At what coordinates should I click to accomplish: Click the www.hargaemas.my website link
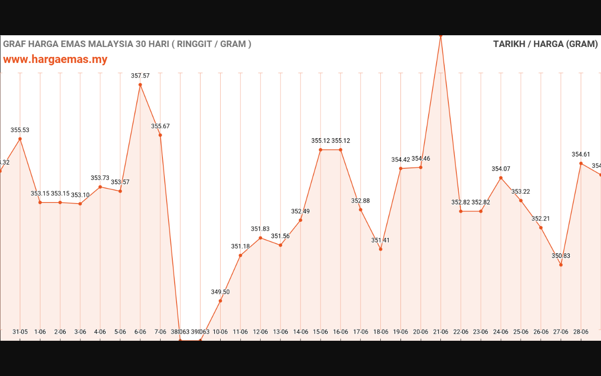tap(55, 60)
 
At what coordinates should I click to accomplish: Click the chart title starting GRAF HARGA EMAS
tap(127, 44)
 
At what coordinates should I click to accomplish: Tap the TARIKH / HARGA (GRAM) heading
tap(545, 44)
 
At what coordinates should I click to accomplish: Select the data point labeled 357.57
tap(140, 85)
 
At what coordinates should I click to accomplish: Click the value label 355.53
tap(20, 130)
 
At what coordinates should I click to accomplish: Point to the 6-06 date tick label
tap(140, 332)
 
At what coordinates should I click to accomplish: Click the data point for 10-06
tap(220, 301)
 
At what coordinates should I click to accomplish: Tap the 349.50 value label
tap(220, 292)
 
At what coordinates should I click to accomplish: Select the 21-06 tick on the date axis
tap(440, 332)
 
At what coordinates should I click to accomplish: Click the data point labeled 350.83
tap(561, 265)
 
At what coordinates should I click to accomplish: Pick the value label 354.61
tap(581, 155)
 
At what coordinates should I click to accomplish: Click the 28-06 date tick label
tap(581, 332)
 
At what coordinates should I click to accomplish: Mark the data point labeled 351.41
tap(380, 249)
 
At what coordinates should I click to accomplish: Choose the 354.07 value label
tap(501, 169)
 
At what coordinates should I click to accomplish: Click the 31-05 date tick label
tap(20, 332)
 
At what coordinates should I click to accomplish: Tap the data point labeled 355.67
tap(160, 135)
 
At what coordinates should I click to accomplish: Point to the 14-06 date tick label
tap(300, 332)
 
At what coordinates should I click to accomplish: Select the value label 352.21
tap(540, 219)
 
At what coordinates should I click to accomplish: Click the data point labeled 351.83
tap(260, 238)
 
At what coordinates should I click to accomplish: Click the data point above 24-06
tap(501, 178)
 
